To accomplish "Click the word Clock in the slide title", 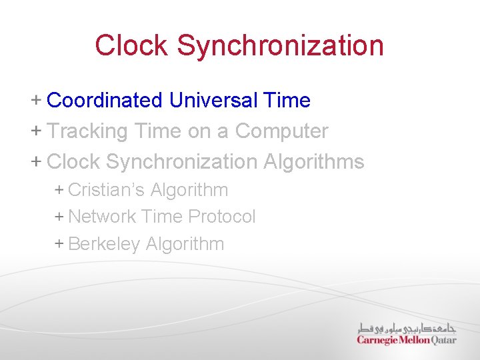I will [131, 45].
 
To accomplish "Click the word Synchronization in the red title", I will [280, 45].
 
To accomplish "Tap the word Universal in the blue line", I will [213, 101].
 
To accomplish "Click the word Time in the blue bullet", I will [287, 101].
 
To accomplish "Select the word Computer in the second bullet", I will [281, 131].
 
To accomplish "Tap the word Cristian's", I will [106, 190].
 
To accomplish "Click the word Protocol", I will [222, 217].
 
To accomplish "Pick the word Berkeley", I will [104, 244].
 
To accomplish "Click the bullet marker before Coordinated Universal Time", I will [36, 101].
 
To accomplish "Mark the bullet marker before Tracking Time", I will [36, 131].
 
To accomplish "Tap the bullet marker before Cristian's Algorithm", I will [59, 190].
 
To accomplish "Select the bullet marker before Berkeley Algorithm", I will [59, 244].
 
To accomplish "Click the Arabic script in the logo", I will [406, 327].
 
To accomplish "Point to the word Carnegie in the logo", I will [377, 339].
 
